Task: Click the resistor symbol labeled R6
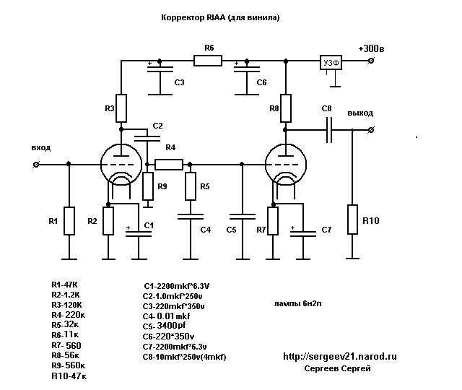pyautogui.click(x=208, y=61)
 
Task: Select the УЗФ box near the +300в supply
pyautogui.click(x=331, y=63)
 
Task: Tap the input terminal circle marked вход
pyautogui.click(x=36, y=165)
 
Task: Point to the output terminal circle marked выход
pyautogui.click(x=371, y=130)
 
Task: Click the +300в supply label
pyautogui.click(x=371, y=48)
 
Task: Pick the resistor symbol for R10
pyautogui.click(x=353, y=220)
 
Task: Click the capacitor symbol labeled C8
pyautogui.click(x=329, y=130)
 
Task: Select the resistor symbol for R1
pyautogui.click(x=69, y=221)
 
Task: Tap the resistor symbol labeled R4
pyautogui.click(x=169, y=165)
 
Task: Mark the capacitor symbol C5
pyautogui.click(x=243, y=217)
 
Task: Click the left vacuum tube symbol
pyautogui.click(x=121, y=165)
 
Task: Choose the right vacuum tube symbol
pyautogui.click(x=286, y=165)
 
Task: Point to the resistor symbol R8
pyautogui.click(x=286, y=108)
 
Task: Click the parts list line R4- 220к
pyautogui.click(x=69, y=315)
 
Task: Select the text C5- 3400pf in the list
pyautogui.click(x=164, y=326)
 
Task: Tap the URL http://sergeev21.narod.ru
pyautogui.click(x=340, y=356)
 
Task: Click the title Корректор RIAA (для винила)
pyautogui.click(x=220, y=17)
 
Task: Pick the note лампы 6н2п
pyautogui.click(x=298, y=303)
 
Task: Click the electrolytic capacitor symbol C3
pyautogui.click(x=160, y=69)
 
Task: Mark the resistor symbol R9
pyautogui.click(x=148, y=186)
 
